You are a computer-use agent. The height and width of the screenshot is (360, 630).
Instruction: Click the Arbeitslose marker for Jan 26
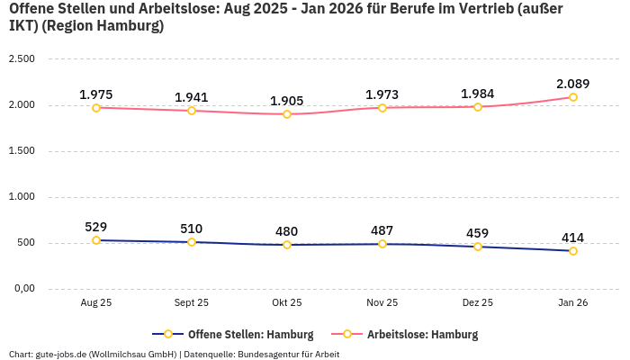573,97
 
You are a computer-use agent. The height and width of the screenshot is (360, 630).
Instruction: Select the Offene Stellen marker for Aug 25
96,240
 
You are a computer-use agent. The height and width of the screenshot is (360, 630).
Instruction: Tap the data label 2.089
573,84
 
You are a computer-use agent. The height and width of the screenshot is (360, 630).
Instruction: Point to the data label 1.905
287,101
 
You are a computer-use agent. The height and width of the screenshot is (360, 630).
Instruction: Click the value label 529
96,227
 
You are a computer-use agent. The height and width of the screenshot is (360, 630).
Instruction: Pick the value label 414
573,238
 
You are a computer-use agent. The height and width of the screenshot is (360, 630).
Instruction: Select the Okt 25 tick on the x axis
287,303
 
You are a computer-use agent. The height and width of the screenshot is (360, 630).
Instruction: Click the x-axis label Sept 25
192,303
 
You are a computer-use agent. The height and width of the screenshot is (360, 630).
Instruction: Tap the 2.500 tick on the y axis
22,59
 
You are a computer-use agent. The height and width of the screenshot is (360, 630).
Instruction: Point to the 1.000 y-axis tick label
22,197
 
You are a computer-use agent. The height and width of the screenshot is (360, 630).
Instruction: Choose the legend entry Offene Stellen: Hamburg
234,335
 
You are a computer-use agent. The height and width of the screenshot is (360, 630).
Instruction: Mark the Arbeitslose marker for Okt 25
287,114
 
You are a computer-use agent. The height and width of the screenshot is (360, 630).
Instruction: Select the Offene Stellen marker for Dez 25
478,247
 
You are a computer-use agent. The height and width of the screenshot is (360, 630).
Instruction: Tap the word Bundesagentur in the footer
266,354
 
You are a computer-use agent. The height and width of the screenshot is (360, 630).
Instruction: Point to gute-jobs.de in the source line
59,354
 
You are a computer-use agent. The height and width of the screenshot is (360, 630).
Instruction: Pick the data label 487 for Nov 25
382,230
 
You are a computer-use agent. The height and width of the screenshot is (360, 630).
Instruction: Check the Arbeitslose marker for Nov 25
382,108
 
